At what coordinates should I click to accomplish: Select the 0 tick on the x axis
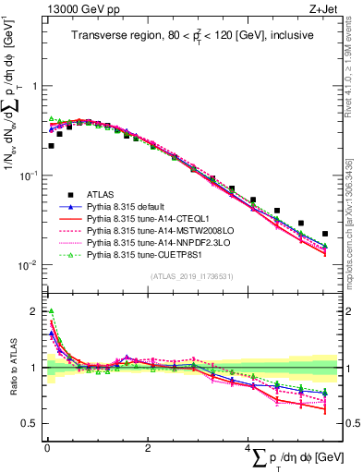coord(46,448)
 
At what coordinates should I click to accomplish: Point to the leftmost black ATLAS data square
coord(51,145)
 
